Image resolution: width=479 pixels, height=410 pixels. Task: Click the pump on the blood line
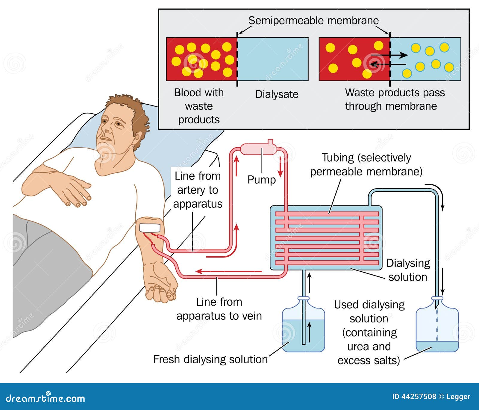259,149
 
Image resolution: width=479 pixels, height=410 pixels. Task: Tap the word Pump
261,180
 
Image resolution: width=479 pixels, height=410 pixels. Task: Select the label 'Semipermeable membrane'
313,21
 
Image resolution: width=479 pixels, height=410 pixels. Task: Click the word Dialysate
277,94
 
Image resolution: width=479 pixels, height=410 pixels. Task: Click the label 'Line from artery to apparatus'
198,190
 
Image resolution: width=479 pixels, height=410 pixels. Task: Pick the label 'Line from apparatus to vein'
219,309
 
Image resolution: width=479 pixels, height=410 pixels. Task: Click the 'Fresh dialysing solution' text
210,359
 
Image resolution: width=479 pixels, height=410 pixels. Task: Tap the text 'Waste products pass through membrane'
395,99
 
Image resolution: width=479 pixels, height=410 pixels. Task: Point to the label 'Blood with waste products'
199,106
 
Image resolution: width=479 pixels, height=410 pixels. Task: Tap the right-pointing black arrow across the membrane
389,55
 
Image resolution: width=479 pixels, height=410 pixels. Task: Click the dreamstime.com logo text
46,398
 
